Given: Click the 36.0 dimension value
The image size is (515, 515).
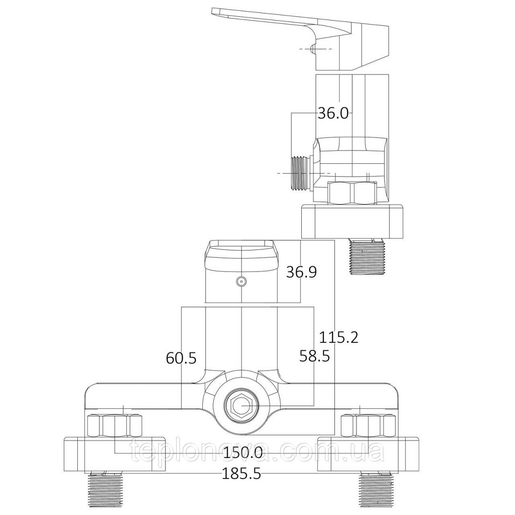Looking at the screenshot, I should (x=333, y=113).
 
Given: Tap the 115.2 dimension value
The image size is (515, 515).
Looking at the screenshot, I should (x=338, y=338).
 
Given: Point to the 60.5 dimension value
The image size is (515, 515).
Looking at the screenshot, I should (x=181, y=357).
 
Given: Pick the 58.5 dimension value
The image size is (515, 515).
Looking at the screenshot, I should (x=314, y=355).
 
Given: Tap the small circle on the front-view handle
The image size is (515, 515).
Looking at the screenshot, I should (x=241, y=281).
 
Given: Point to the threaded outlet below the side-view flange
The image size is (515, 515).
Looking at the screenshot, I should (x=367, y=257).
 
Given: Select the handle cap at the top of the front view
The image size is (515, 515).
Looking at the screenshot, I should (x=241, y=255).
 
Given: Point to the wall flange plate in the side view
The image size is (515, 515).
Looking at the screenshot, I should (x=352, y=221).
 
